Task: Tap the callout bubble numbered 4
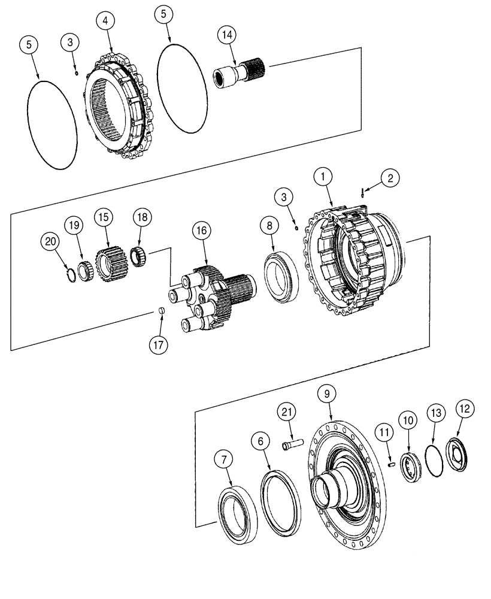[x=105, y=22]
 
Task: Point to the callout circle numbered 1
[x=324, y=177]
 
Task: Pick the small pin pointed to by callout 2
[x=363, y=192]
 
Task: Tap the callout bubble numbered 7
[x=225, y=461]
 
